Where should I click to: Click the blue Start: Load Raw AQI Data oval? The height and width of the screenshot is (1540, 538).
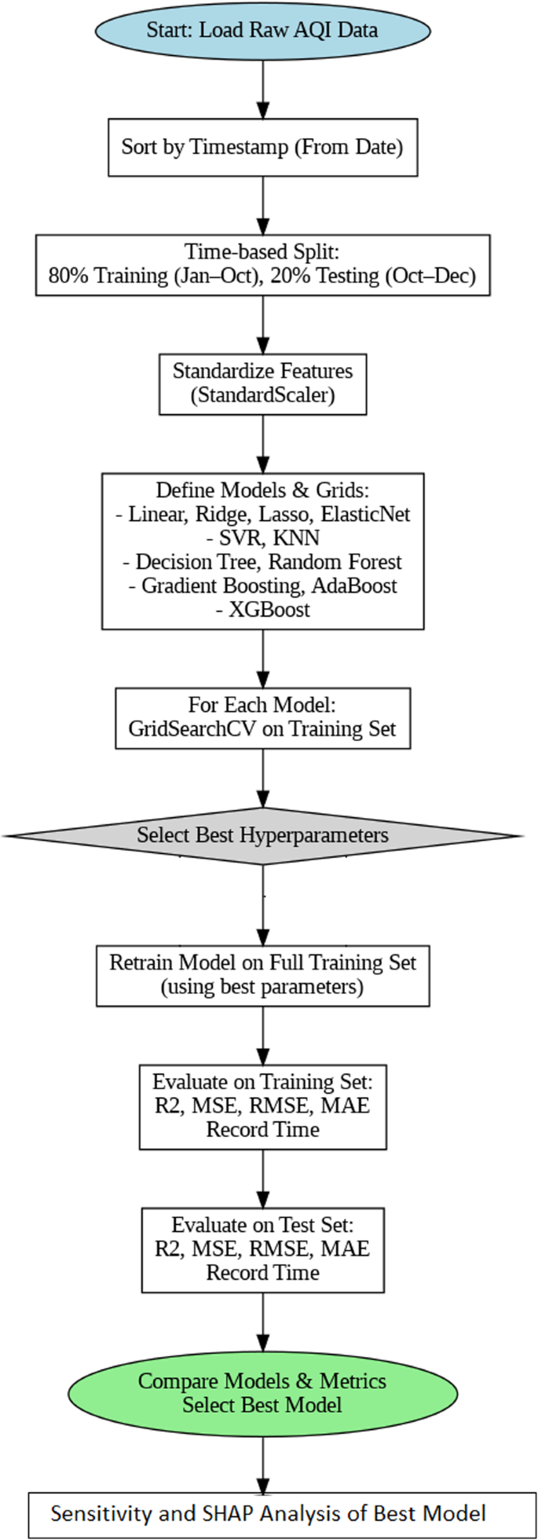click(x=262, y=31)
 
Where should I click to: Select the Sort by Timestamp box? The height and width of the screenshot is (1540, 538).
click(x=262, y=147)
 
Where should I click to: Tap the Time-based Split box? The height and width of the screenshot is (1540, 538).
click(x=262, y=265)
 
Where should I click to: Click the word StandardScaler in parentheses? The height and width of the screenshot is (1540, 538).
click(x=262, y=395)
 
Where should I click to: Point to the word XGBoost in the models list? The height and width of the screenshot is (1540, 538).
click(x=262, y=610)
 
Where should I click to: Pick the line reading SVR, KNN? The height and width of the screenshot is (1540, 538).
click(x=262, y=538)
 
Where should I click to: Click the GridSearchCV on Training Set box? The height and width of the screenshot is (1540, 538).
click(x=262, y=718)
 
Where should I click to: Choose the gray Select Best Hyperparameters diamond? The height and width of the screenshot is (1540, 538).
click(x=262, y=835)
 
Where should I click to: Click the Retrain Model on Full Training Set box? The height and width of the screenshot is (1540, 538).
click(x=262, y=975)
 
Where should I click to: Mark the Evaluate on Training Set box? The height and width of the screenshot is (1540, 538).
click(x=262, y=1106)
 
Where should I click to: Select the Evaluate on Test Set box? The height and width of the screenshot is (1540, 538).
click(x=262, y=1249)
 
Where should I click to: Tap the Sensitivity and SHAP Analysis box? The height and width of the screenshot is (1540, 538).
click(x=269, y=1514)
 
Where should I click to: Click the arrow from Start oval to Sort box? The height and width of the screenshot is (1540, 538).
click(x=262, y=88)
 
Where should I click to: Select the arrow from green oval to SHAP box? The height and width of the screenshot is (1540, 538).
click(x=262, y=1463)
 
